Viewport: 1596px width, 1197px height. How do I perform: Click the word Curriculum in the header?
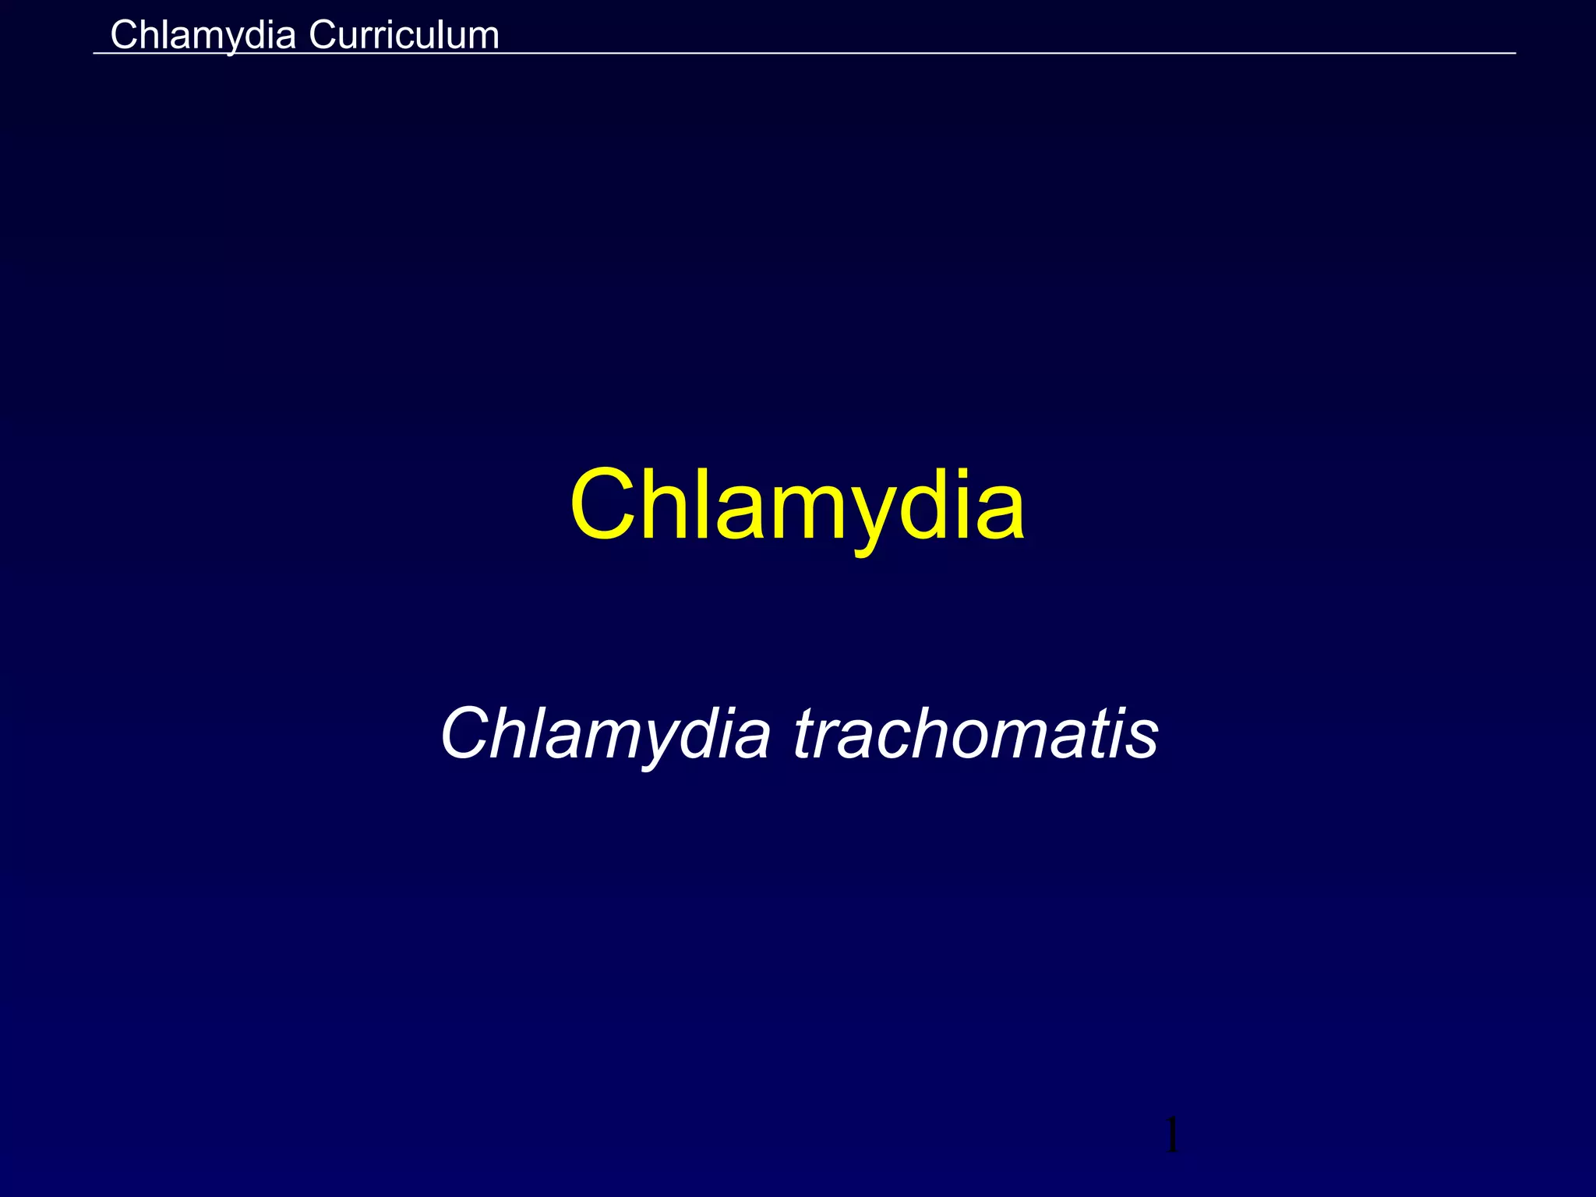pyautogui.click(x=404, y=35)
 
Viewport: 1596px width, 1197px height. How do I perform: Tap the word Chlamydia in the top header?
pyautogui.click(x=203, y=35)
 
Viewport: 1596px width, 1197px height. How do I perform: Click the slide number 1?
pyautogui.click(x=1171, y=1135)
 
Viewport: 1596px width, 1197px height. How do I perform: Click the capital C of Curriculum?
pyautogui.click(x=322, y=35)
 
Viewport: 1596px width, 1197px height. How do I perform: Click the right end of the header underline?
pyautogui.click(x=1514, y=53)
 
